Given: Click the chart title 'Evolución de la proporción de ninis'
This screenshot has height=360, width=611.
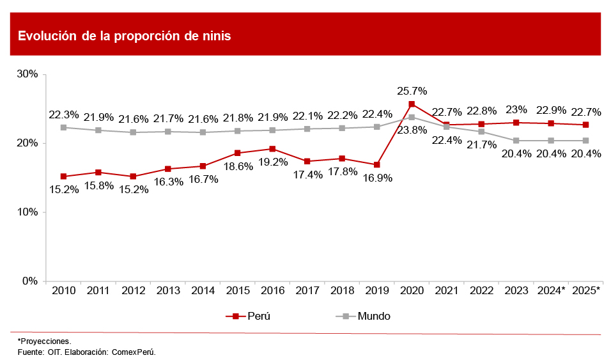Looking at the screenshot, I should pos(124,36).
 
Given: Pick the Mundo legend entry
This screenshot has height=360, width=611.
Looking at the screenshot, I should pos(362,316).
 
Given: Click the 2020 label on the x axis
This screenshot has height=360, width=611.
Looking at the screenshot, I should pos(412,291).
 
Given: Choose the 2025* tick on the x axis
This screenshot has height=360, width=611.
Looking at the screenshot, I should pos(585,291).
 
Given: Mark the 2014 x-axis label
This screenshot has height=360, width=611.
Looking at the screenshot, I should pos(203,291).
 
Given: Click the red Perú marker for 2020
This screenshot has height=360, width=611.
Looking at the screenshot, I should pos(412,104).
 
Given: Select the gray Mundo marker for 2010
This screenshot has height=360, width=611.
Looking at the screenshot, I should pos(64,127).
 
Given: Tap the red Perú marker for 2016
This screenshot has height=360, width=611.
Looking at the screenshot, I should pos(272,149).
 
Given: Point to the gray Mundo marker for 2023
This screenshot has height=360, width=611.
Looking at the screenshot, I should pos(516,141).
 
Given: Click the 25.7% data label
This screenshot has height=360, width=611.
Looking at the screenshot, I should pos(412,91).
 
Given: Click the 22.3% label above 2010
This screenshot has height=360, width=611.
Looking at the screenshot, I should pos(64,115).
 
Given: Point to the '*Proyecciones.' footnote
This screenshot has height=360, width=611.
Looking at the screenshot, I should pos(44,341).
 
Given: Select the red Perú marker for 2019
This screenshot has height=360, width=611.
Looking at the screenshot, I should pos(376,165).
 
